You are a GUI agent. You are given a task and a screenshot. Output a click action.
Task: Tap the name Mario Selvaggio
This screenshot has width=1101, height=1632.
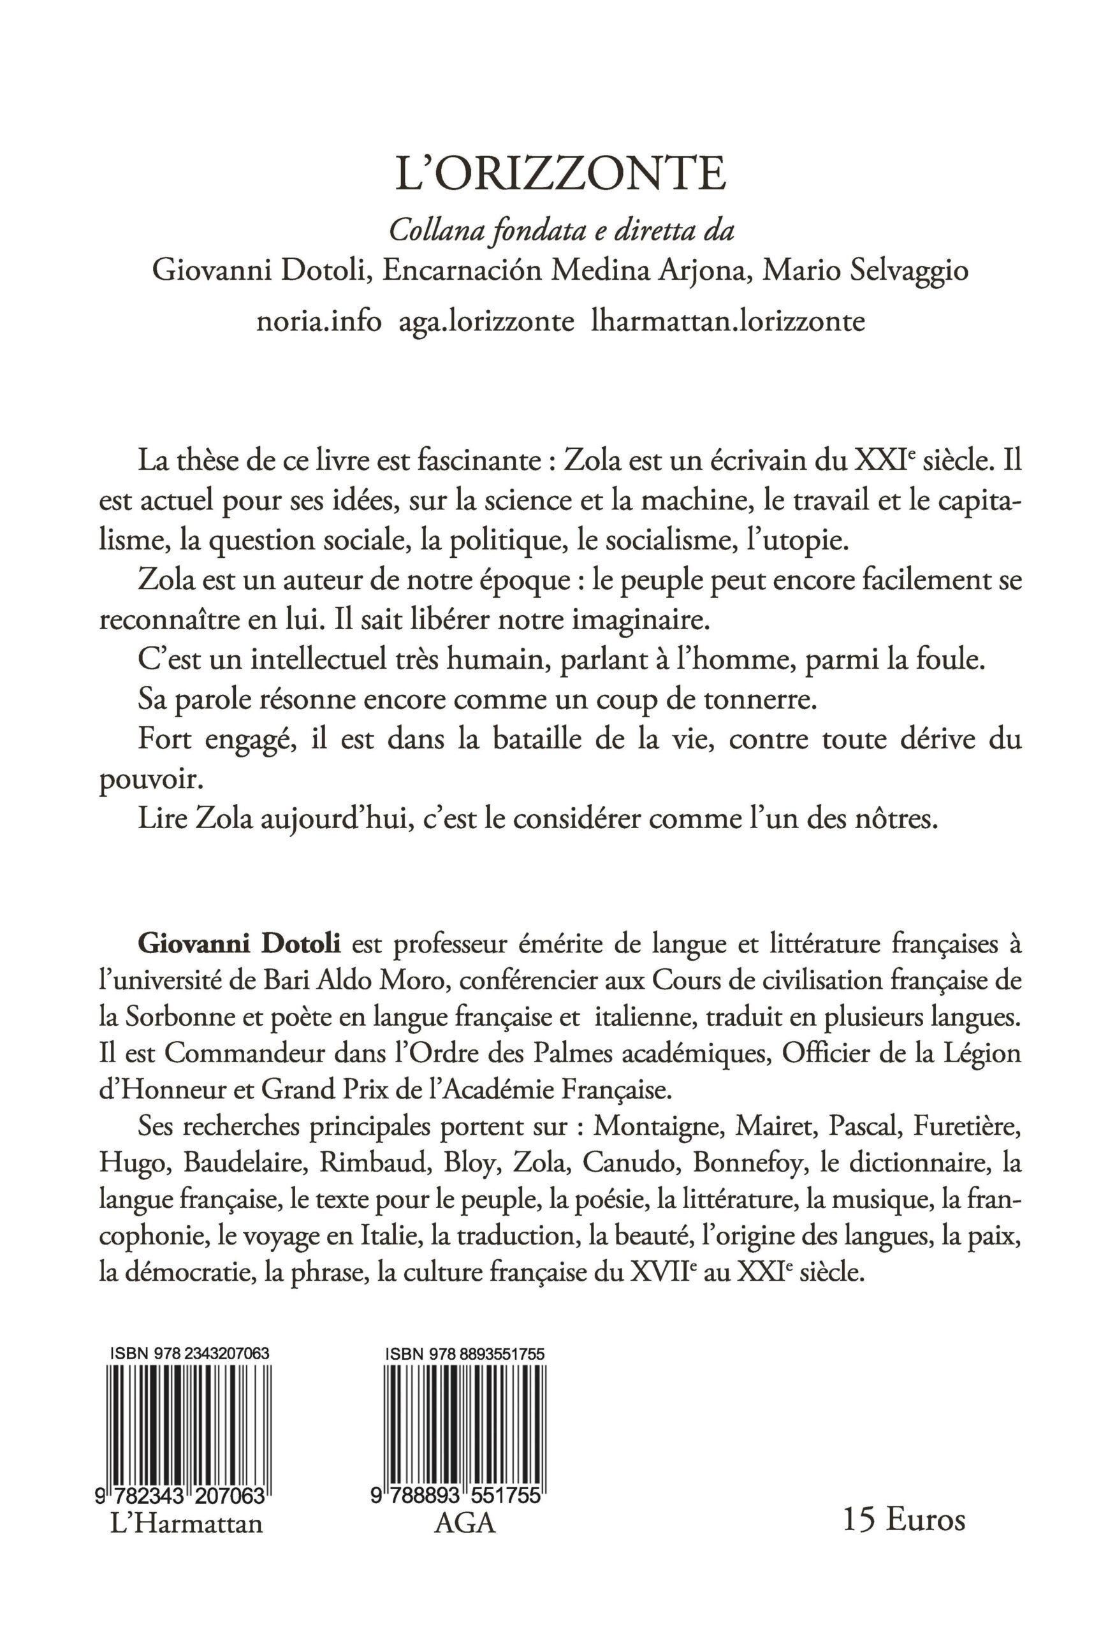pos(865,271)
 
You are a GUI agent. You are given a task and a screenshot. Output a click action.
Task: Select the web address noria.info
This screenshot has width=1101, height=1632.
pos(319,321)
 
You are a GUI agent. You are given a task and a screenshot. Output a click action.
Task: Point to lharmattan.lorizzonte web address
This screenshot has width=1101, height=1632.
pos(728,321)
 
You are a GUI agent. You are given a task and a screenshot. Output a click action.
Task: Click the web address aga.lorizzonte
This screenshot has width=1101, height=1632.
pos(486,321)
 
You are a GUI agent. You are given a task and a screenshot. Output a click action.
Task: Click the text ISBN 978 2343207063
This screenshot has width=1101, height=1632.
pos(189,1354)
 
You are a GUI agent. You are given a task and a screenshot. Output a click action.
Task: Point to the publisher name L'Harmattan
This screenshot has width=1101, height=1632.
pos(187,1524)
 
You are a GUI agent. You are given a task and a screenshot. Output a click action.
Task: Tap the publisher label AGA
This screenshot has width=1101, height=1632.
pos(465,1524)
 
